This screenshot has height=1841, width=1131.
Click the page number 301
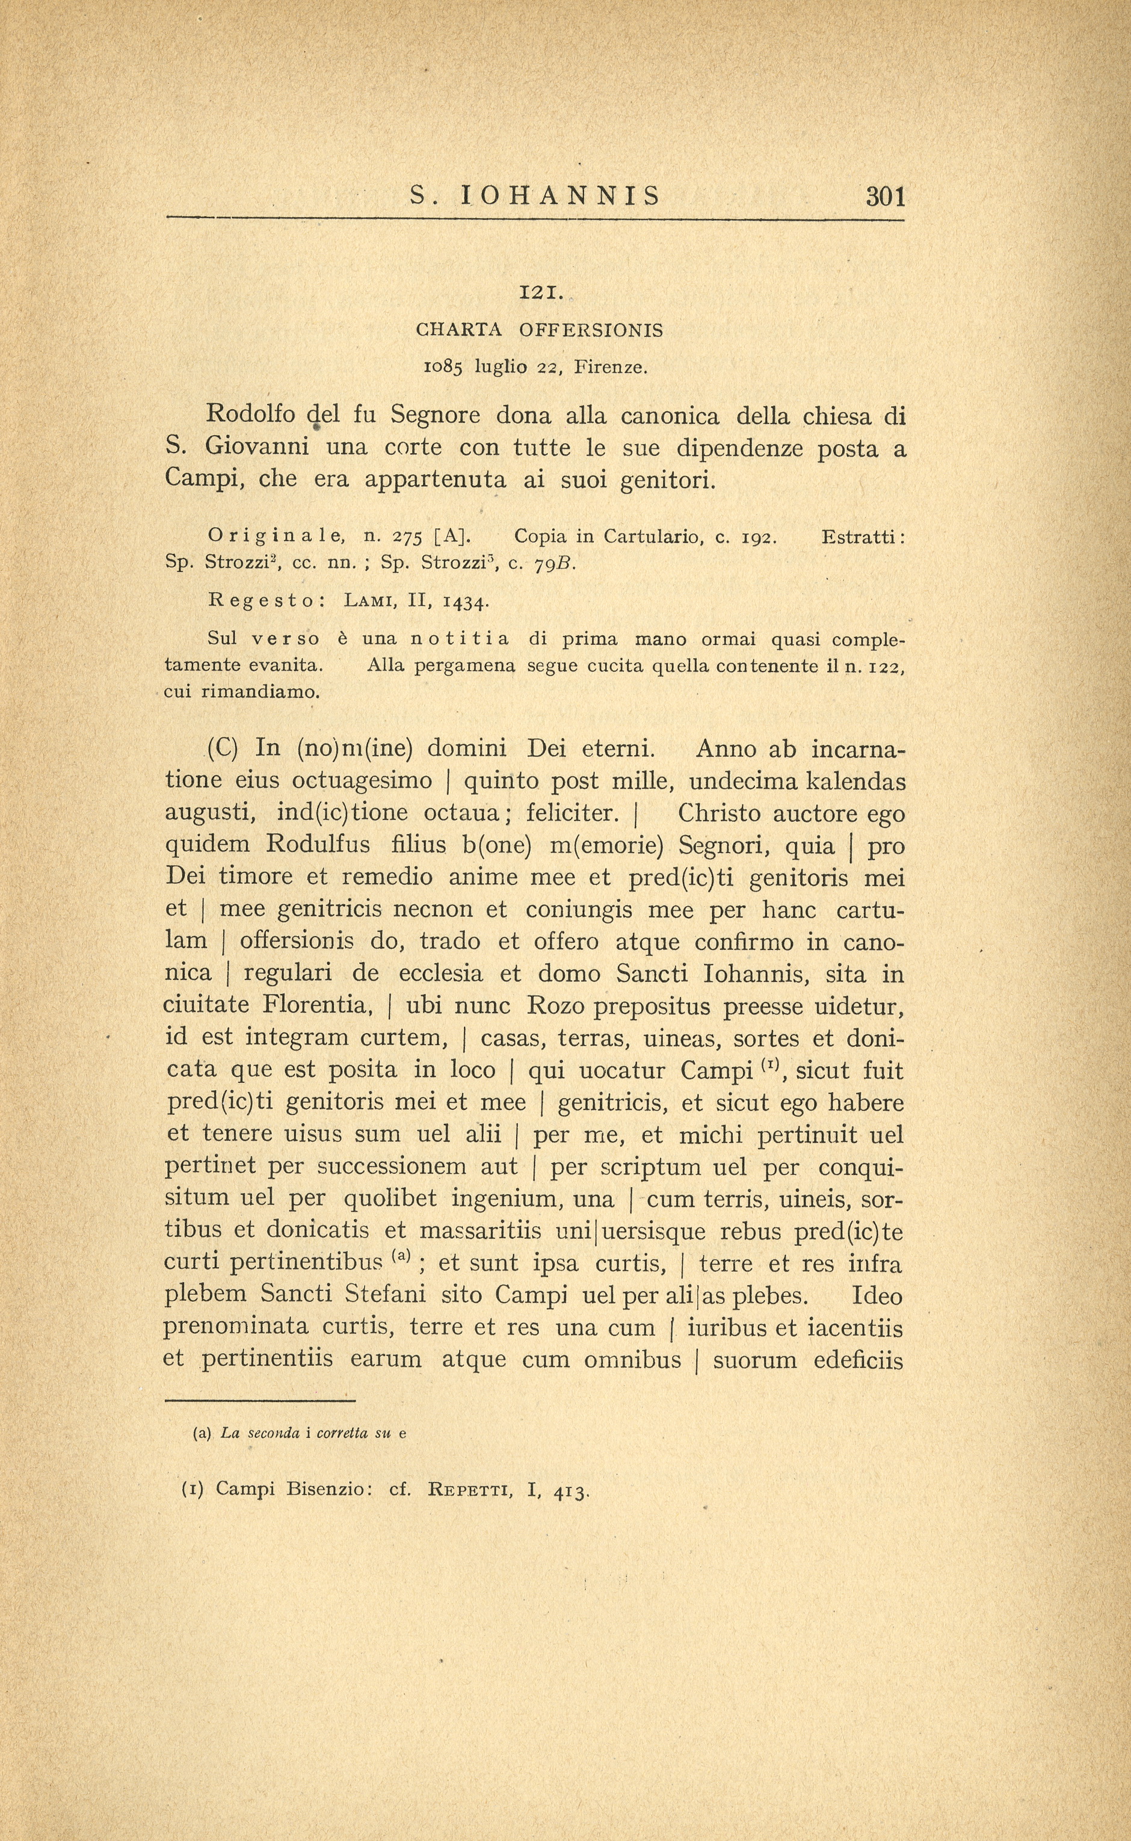(886, 197)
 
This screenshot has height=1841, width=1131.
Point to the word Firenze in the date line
(609, 368)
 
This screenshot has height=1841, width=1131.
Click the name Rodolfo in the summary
(251, 414)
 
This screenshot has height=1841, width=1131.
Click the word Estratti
(863, 537)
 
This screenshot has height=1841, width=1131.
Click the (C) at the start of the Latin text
(221, 749)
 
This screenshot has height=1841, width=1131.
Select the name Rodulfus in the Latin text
(318, 845)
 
